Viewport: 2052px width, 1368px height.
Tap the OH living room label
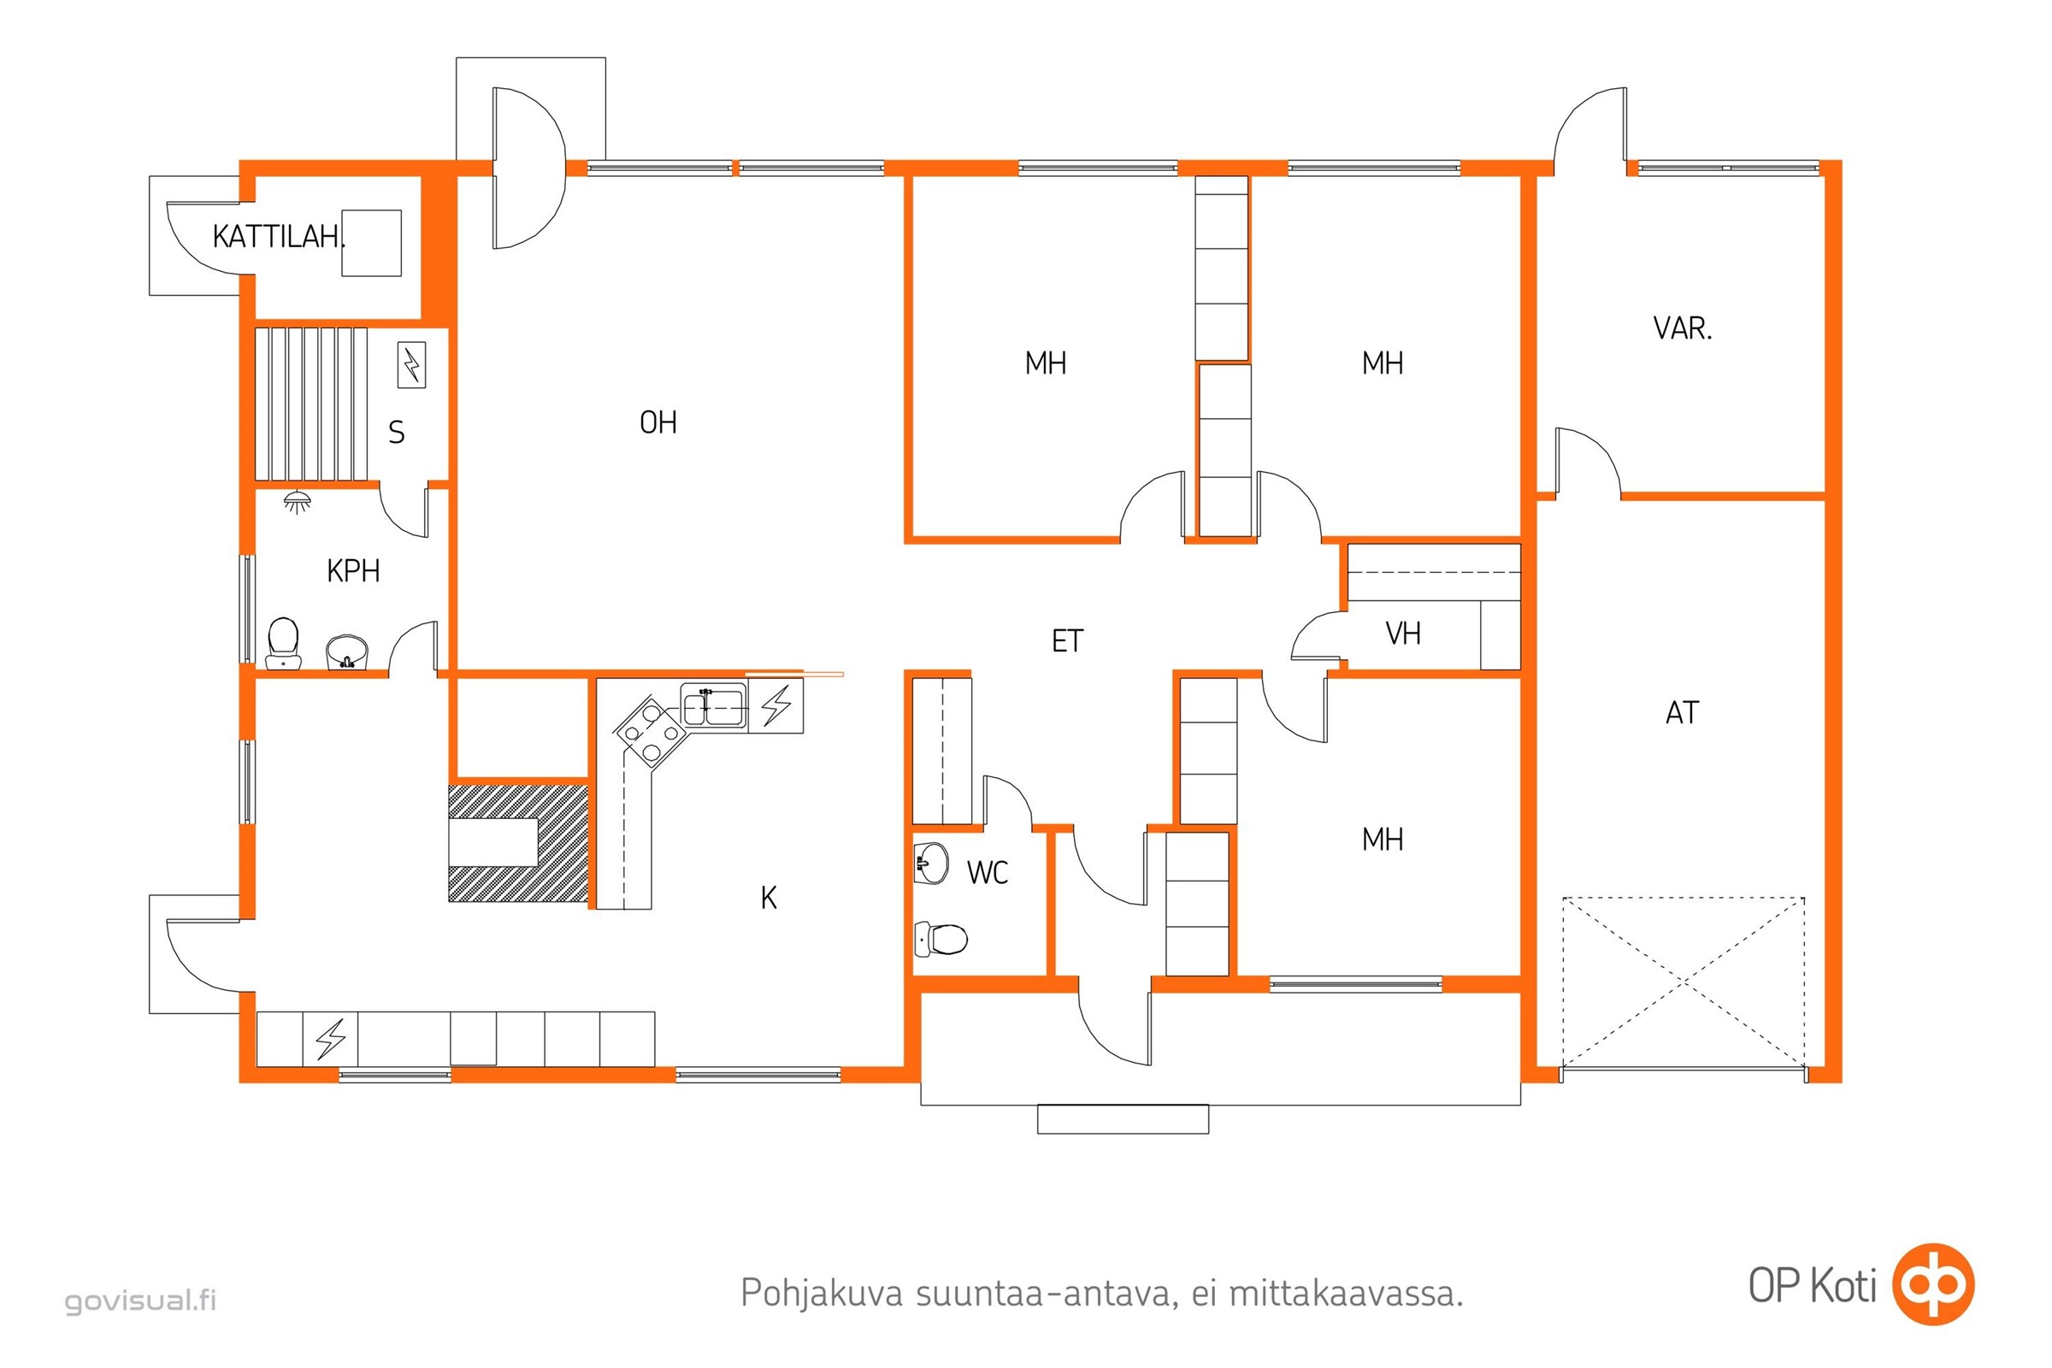pyautogui.click(x=657, y=423)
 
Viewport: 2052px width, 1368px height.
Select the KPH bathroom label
pyautogui.click(x=353, y=571)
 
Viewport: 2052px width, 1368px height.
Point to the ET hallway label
pyautogui.click(x=1067, y=642)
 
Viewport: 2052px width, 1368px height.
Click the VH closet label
pyautogui.click(x=1403, y=634)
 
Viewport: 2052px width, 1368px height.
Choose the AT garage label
pyautogui.click(x=1682, y=713)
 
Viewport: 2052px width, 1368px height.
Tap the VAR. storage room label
pyautogui.click(x=1682, y=329)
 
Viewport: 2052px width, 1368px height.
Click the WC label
pyautogui.click(x=988, y=872)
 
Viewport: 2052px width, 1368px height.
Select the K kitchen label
pyautogui.click(x=769, y=898)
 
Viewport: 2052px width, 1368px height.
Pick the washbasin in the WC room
pyautogui.click(x=931, y=864)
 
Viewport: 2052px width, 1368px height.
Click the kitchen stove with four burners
pyautogui.click(x=650, y=731)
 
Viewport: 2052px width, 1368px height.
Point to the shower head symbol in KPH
pyautogui.click(x=298, y=502)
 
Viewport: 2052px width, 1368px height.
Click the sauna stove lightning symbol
pyautogui.click(x=412, y=365)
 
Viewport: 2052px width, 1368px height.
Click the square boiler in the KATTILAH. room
pyautogui.click(x=372, y=244)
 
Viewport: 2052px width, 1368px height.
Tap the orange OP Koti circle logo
pyautogui.click(x=1932, y=1285)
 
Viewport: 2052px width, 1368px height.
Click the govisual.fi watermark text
pyautogui.click(x=140, y=1300)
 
